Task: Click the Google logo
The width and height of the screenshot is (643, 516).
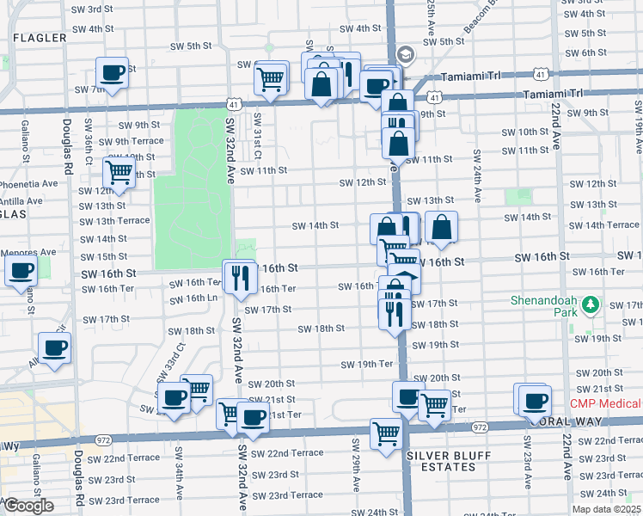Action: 28,506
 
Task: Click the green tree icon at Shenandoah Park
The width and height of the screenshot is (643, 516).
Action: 590,305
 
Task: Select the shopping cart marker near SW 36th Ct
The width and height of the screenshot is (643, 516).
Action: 119,171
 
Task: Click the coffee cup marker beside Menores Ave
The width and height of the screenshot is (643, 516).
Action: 21,270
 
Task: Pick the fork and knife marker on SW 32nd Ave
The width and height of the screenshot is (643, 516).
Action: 239,275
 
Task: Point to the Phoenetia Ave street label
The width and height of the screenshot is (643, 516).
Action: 28,183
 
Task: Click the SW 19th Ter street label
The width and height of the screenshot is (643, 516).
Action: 366,364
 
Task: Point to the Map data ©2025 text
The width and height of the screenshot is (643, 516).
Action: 606,509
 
